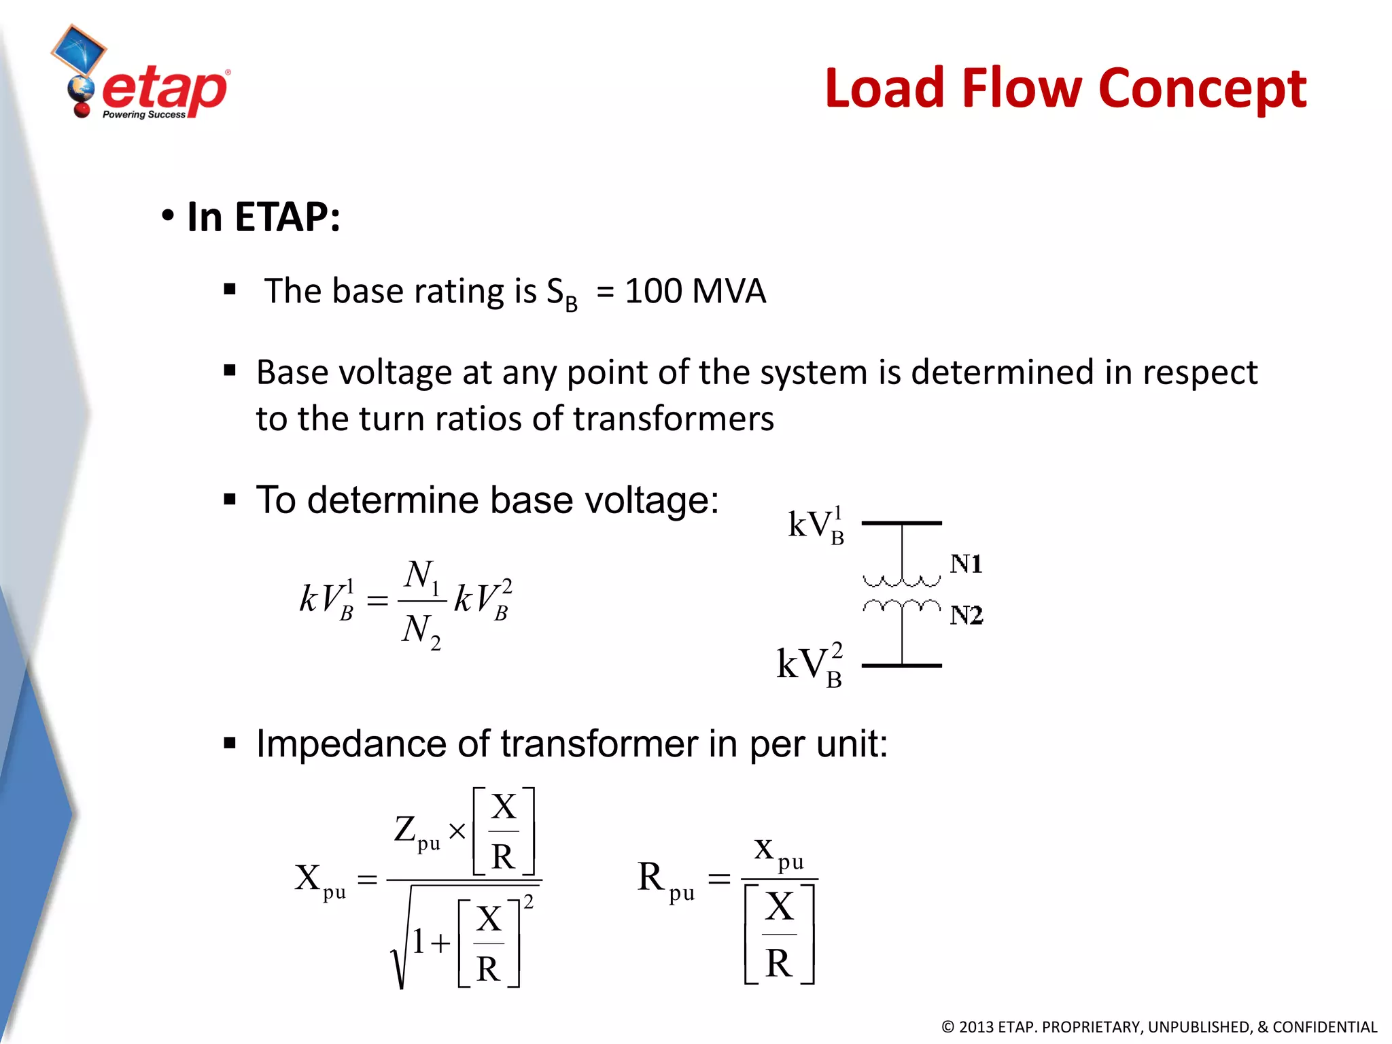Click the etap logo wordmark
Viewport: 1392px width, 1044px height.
pos(165,90)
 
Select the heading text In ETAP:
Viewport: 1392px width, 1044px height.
pos(263,217)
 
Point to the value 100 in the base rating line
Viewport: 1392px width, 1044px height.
pos(653,291)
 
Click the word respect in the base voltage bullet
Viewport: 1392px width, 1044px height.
pos(1200,373)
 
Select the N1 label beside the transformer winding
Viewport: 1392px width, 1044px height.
pos(966,564)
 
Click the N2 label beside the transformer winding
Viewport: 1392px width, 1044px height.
pos(966,615)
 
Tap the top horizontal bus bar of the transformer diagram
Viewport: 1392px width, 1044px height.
pos(901,523)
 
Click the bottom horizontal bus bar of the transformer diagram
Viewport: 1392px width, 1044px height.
pos(901,665)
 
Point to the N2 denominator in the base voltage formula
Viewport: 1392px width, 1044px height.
pos(421,631)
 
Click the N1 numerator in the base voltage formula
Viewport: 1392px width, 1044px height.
pos(421,576)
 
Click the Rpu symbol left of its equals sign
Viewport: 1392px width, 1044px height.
pos(665,879)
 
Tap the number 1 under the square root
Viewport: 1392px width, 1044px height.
pos(419,942)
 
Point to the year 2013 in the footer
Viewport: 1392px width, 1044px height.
pos(977,1027)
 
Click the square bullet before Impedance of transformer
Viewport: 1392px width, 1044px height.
pos(230,743)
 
